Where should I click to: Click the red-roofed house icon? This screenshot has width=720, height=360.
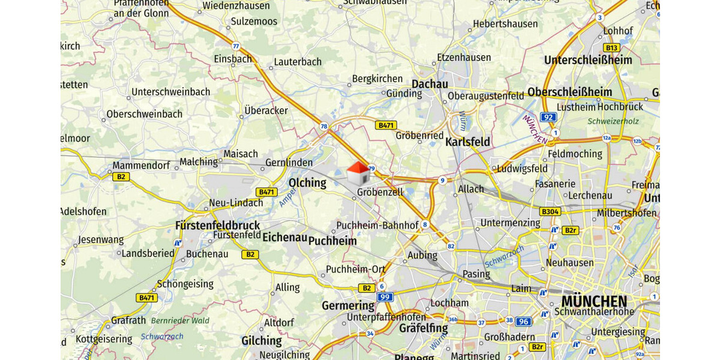pyautogui.click(x=358, y=173)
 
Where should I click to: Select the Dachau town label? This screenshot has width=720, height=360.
pyautogui.click(x=430, y=84)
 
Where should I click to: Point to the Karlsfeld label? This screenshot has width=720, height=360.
pyautogui.click(x=467, y=142)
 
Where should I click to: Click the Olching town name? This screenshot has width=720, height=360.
pyautogui.click(x=307, y=183)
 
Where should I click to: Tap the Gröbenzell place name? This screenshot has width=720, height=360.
pyautogui.click(x=380, y=192)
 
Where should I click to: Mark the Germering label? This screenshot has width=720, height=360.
pyautogui.click(x=348, y=305)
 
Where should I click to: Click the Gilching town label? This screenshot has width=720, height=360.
pyautogui.click(x=262, y=341)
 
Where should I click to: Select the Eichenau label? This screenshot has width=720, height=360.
pyautogui.click(x=284, y=238)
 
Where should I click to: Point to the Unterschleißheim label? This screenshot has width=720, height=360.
pyautogui.click(x=588, y=60)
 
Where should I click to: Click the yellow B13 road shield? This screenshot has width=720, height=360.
pyautogui.click(x=611, y=48)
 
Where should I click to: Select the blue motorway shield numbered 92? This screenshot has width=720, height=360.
pyautogui.click(x=548, y=118)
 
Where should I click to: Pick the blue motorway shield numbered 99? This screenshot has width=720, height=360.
pyautogui.click(x=385, y=297)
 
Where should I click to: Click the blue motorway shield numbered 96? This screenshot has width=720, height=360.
pyautogui.click(x=523, y=322)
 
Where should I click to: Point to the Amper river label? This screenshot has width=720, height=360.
pyautogui.click(x=287, y=196)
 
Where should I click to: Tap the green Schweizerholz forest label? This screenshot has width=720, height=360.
pyautogui.click(x=613, y=121)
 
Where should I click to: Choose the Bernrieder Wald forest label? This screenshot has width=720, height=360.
pyautogui.click(x=180, y=320)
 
